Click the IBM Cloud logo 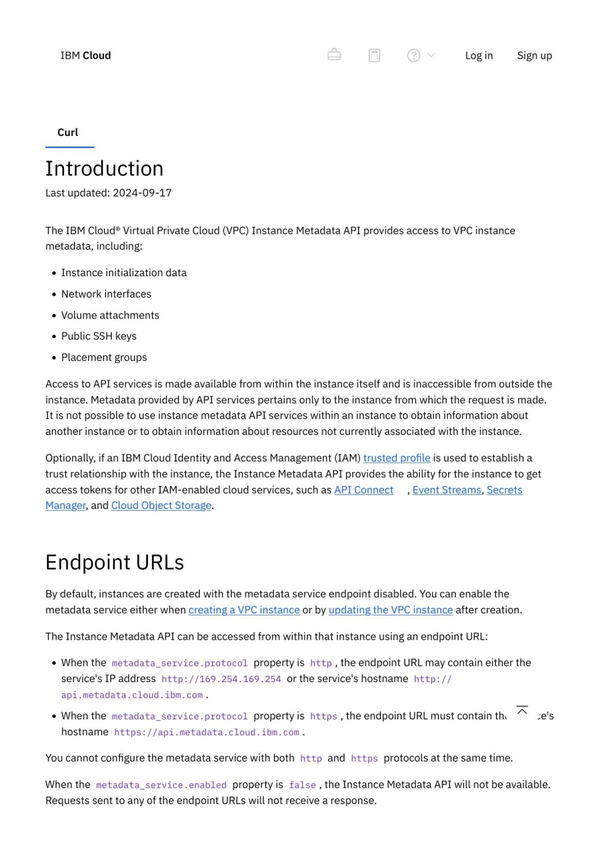click(85, 56)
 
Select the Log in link click(478, 56)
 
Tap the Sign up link click(534, 56)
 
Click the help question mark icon click(414, 56)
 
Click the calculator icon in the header click(375, 56)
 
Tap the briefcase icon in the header click(334, 55)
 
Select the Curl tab click(68, 132)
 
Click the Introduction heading click(104, 169)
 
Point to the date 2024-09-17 click(142, 193)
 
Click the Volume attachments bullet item click(110, 315)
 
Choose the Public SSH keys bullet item click(99, 336)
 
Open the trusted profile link click(397, 458)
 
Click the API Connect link click(364, 490)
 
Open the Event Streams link click(447, 490)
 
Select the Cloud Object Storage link click(161, 505)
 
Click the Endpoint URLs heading click(115, 562)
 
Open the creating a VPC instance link click(244, 610)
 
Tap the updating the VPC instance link click(390, 610)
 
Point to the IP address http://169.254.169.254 click(221, 679)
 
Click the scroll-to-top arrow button click(522, 711)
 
